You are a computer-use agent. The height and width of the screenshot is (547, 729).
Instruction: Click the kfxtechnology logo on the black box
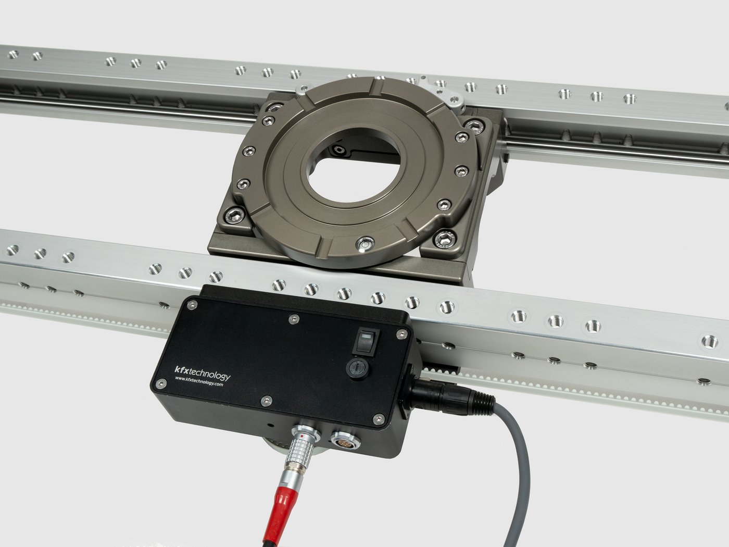(x=202, y=374)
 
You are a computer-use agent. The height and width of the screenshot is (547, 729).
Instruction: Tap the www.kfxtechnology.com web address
(x=198, y=381)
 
